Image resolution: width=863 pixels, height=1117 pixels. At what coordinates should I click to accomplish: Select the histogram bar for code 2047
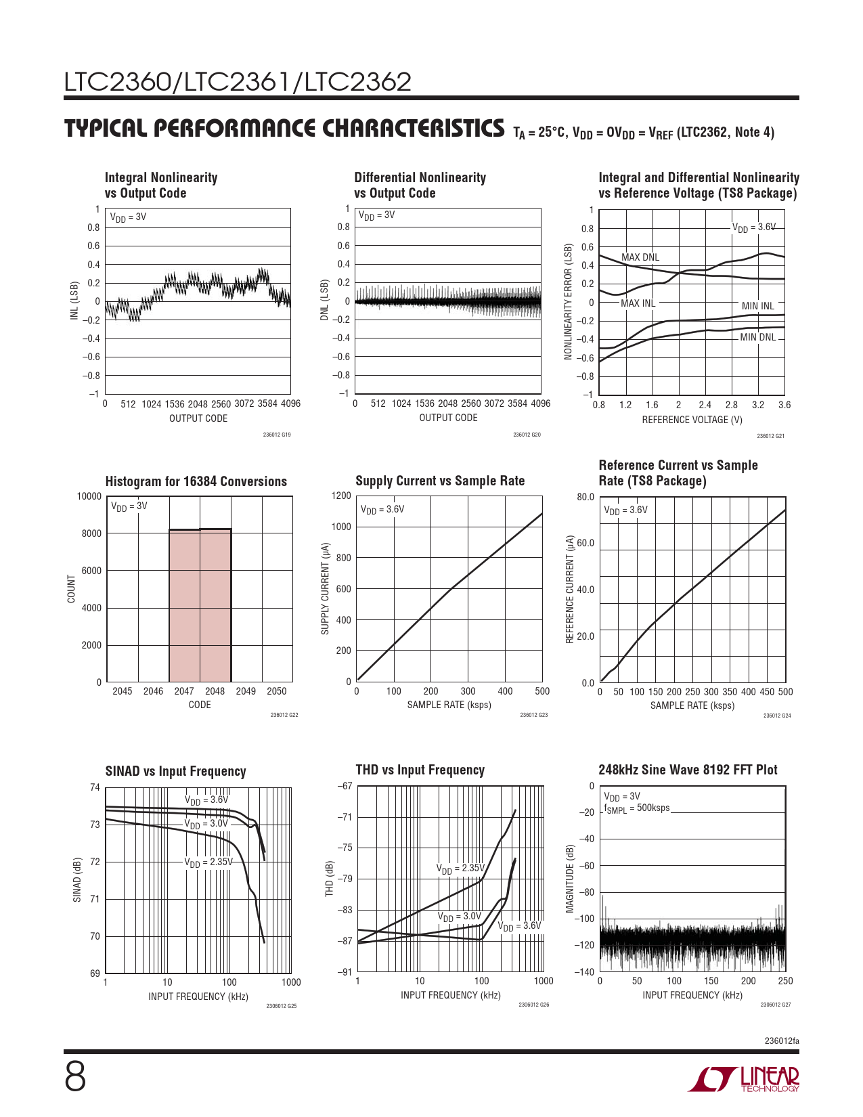[184, 605]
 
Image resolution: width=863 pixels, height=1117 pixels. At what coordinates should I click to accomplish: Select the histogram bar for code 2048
[215, 605]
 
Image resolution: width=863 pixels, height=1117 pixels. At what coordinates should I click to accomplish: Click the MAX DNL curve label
[640, 257]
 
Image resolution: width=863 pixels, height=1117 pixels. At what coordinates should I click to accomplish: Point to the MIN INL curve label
[757, 306]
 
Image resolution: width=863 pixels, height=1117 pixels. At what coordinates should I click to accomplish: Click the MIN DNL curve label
[757, 337]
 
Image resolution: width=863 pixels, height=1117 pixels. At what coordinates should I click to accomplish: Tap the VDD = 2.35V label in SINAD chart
[208, 862]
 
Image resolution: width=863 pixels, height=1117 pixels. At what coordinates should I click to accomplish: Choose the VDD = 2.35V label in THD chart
[460, 869]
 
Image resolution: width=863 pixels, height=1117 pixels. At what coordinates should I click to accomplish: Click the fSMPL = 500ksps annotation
[636, 808]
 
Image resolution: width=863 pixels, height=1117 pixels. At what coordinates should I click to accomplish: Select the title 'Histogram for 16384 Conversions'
[196, 481]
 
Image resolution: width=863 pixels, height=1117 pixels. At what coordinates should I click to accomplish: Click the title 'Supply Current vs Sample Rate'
[440, 481]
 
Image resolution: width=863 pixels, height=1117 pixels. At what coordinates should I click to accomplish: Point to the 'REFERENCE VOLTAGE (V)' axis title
[692, 420]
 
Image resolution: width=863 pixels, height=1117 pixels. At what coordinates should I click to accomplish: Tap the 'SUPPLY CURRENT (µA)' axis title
[326, 588]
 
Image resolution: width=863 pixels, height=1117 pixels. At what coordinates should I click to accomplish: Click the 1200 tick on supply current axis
[342, 496]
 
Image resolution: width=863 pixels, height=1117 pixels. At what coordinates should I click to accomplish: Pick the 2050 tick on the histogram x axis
[276, 691]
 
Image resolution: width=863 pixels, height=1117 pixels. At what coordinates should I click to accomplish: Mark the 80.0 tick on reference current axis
[585, 497]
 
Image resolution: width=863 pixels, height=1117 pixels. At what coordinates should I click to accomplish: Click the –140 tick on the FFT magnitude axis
[584, 972]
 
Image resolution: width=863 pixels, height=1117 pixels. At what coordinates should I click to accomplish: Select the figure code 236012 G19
[276, 435]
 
